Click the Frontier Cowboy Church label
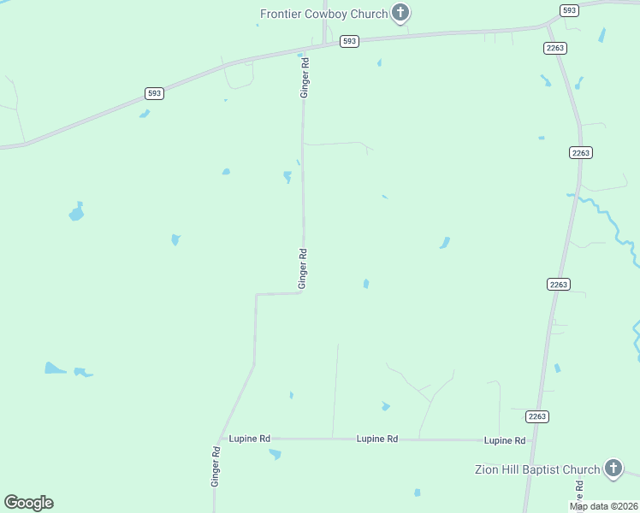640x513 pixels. coord(323,13)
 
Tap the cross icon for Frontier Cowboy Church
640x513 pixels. coord(400,13)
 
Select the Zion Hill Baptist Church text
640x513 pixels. coord(537,469)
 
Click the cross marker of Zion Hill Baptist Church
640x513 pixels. coord(613,468)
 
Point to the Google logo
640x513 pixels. coord(28,503)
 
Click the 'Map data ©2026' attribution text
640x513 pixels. coord(604,506)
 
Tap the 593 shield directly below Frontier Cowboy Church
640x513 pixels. coord(348,41)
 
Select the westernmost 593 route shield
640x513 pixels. coord(154,93)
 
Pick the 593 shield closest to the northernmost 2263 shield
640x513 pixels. coord(569,10)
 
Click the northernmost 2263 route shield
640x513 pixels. coord(554,48)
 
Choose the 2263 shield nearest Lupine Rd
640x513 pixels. coord(537,416)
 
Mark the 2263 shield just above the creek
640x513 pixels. coord(580,152)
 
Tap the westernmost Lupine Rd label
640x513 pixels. coord(249,439)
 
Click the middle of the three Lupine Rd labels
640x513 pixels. coord(377,439)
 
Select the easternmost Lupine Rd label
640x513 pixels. coord(505,440)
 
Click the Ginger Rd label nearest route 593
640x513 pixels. coord(304,77)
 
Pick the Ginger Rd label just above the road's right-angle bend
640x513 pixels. coord(302,268)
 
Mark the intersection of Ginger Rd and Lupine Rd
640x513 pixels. coord(222,439)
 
